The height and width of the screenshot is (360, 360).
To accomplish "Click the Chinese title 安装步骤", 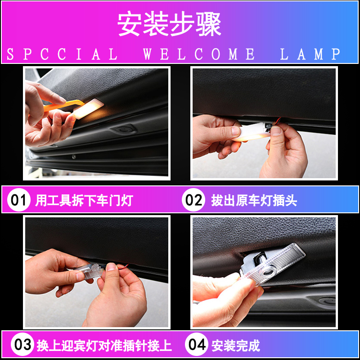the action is click(169, 24).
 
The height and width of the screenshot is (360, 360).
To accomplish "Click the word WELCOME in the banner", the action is click(199, 54).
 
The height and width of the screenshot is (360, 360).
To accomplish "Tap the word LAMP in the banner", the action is click(310, 54).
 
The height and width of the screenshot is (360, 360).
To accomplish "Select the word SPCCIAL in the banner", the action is click(62, 54).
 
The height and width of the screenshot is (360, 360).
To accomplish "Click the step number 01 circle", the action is click(18, 200).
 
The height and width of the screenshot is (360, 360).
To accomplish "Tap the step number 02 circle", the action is click(193, 200).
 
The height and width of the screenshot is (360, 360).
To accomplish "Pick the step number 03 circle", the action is click(22, 344).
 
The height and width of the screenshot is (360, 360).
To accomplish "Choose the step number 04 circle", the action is click(197, 344).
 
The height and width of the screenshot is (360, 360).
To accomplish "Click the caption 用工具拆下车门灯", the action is click(84, 200).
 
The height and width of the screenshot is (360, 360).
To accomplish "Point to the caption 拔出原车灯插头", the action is click(254, 200).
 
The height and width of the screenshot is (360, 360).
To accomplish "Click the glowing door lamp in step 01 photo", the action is click(88, 108).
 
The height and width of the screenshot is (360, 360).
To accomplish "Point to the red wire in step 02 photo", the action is click(277, 121).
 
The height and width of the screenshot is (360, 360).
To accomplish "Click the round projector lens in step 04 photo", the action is click(267, 273).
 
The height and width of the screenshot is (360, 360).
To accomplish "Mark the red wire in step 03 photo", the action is click(122, 266).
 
